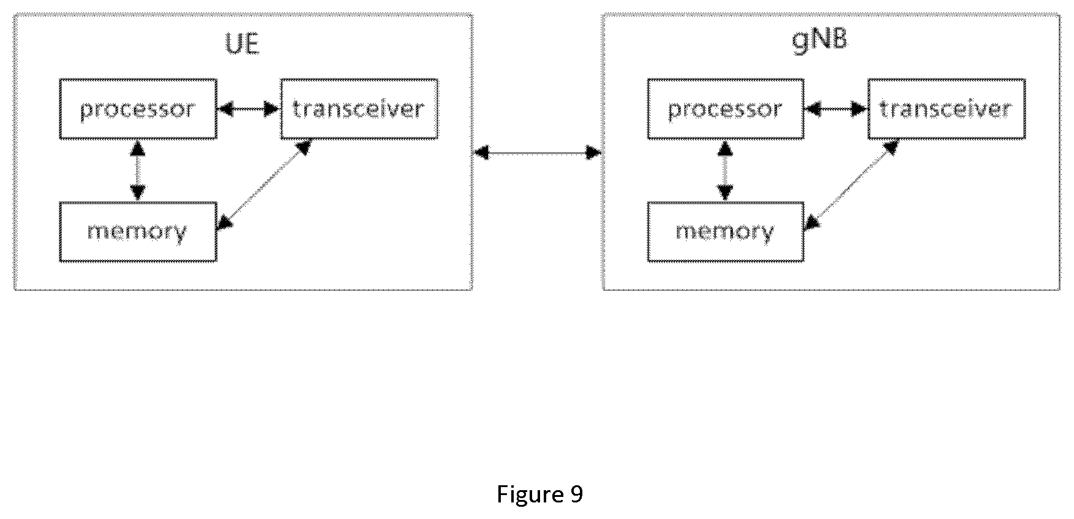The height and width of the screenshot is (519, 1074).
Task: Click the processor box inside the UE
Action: coord(138,109)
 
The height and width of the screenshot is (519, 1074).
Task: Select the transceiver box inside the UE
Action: coord(359,109)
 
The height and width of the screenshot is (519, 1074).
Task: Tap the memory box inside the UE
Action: coord(138,232)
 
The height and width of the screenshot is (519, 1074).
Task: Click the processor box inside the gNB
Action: coord(726,109)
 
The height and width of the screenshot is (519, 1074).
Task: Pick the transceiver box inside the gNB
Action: coord(946,109)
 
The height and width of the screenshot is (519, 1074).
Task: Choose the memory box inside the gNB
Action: coord(726,232)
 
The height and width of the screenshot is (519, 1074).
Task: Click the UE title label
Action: coord(242,44)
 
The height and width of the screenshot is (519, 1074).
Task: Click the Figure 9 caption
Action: coord(539,494)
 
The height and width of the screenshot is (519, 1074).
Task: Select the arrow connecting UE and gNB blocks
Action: coord(538,152)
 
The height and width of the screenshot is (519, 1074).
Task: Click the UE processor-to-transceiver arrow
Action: coord(248,110)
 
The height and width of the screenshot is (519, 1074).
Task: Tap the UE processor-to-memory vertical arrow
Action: coord(137,171)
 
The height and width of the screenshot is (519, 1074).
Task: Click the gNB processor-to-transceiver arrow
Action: coord(836,110)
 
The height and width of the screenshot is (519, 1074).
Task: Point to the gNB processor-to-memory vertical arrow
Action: coord(725,171)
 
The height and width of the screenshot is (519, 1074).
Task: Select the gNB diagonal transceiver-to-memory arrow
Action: coord(852,185)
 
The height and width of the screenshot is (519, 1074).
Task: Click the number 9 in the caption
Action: coord(576,493)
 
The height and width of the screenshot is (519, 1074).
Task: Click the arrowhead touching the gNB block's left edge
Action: coord(594,152)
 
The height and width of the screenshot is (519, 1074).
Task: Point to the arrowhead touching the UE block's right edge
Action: coord(482,152)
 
